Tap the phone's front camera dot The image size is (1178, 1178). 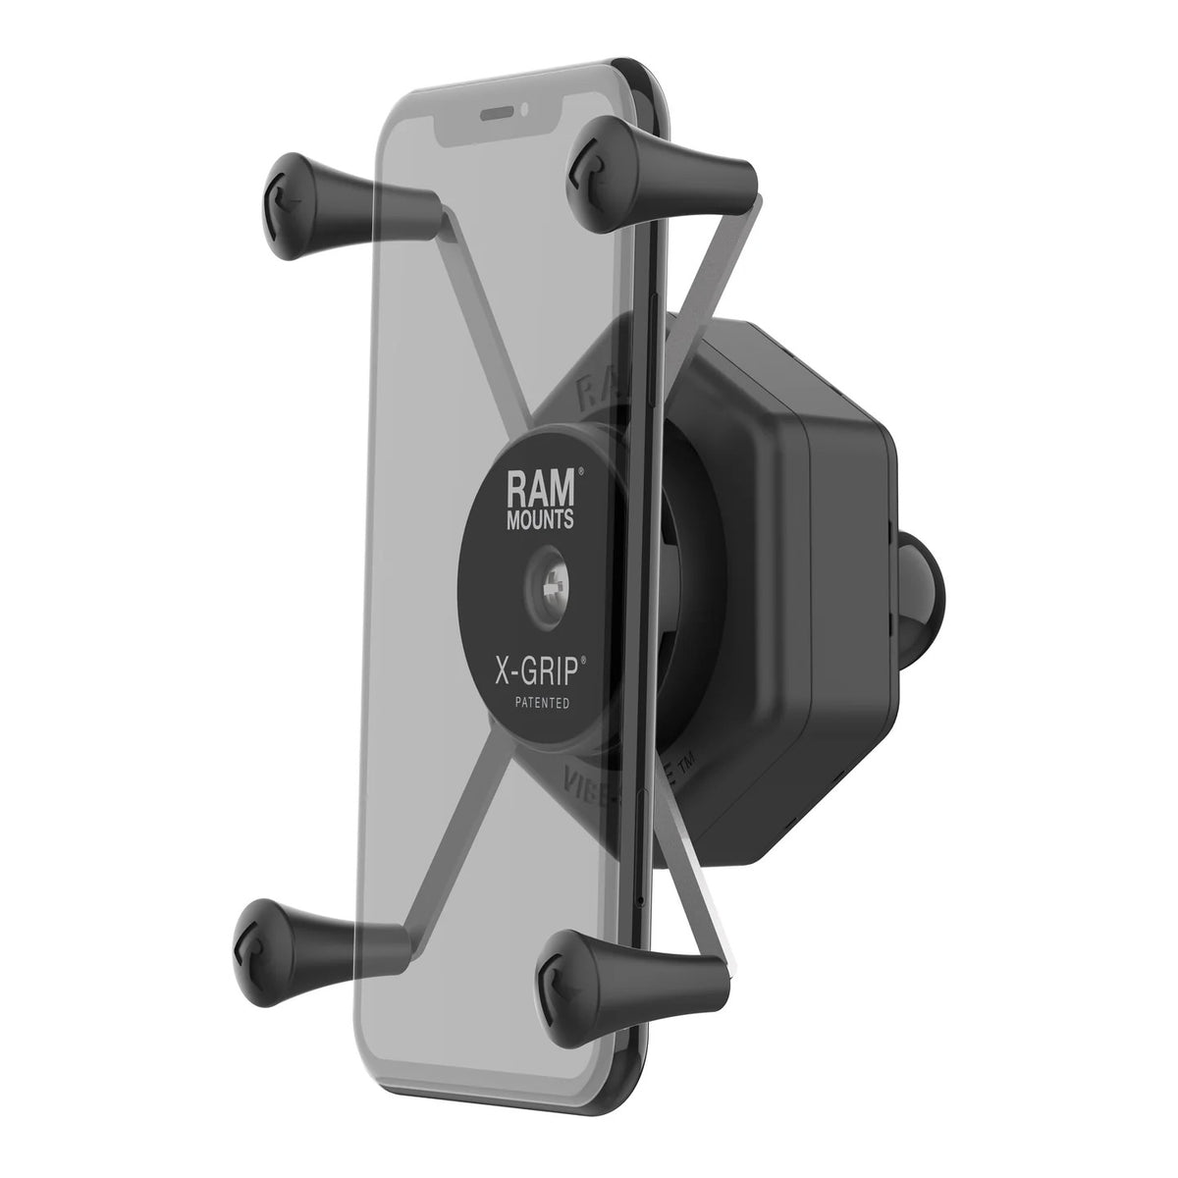(x=526, y=107)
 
